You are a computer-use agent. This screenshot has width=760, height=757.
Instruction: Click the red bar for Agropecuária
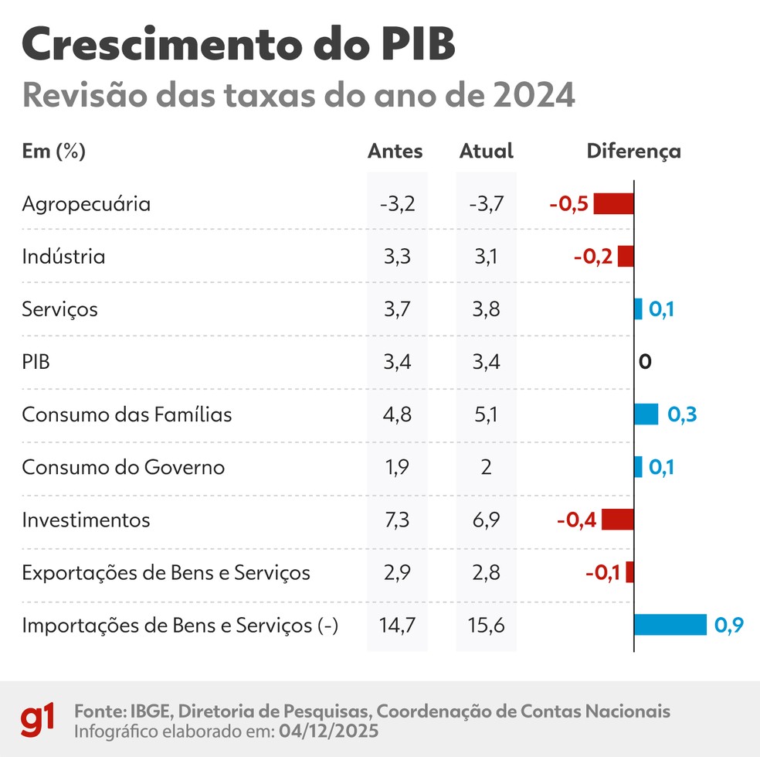613,204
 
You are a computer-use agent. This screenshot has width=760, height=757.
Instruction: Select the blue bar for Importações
670,625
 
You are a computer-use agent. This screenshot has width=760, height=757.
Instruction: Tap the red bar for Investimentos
617,520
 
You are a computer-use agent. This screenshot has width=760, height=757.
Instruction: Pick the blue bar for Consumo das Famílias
646,414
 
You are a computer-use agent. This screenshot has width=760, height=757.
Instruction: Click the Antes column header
395,151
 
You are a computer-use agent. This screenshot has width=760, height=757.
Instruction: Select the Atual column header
486,151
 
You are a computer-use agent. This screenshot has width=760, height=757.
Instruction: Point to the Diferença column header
633,151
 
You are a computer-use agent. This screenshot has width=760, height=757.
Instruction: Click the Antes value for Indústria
396,257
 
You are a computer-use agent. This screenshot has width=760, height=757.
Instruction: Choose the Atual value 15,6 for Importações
487,625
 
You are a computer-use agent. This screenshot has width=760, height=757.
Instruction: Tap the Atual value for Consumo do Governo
487,467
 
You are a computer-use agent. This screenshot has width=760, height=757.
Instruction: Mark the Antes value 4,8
396,414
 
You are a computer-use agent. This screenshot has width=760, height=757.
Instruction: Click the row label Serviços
60,310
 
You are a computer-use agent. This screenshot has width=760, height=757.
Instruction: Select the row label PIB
36,362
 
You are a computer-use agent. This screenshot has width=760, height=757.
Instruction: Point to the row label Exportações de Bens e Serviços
166,573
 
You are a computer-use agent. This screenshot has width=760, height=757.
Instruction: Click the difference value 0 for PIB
646,362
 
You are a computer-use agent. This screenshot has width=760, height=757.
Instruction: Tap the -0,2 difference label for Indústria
593,257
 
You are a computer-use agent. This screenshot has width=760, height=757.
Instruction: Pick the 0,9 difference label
728,625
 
